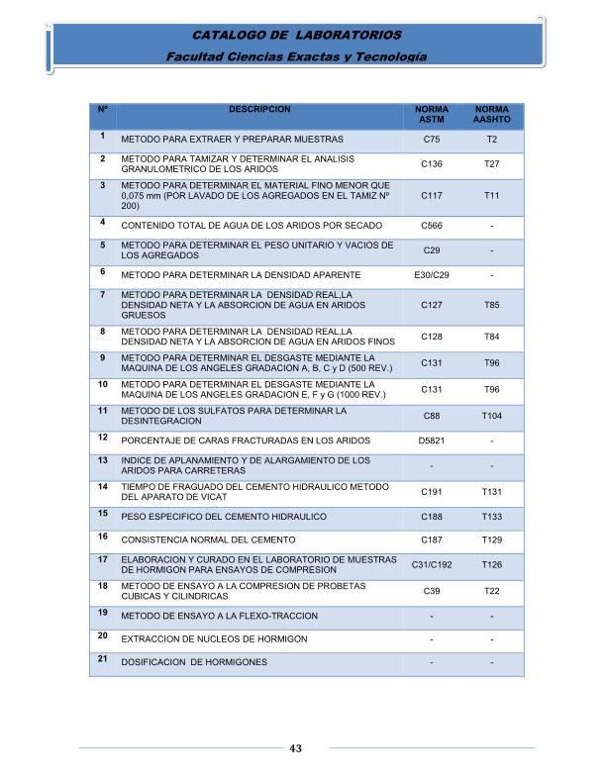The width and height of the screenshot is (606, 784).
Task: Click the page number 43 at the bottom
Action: tap(295, 747)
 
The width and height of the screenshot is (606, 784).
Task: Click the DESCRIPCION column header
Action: tap(259, 108)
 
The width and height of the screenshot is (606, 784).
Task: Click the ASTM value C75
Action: tap(431, 140)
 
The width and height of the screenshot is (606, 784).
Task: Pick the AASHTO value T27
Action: tap(492, 163)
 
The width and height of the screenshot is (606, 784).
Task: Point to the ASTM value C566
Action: tap(431, 226)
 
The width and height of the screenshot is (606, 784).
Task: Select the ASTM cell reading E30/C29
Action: tap(431, 274)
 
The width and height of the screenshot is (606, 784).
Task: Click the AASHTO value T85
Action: tap(492, 307)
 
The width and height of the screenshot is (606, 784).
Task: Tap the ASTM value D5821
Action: tap(431, 441)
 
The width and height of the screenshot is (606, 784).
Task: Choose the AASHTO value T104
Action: tap(492, 416)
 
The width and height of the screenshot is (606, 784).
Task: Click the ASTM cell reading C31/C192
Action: tap(432, 564)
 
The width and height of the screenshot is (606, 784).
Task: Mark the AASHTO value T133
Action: tap(492, 517)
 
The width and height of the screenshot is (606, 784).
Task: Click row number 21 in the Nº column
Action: tap(103, 658)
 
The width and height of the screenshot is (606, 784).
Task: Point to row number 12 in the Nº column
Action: tap(103, 437)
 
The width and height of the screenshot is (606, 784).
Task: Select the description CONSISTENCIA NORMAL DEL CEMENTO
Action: tap(208, 540)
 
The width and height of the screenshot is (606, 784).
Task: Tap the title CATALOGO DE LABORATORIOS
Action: tap(295, 36)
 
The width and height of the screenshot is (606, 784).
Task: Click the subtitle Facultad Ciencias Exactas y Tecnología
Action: tap(296, 56)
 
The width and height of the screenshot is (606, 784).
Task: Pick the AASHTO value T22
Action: tap(492, 591)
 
